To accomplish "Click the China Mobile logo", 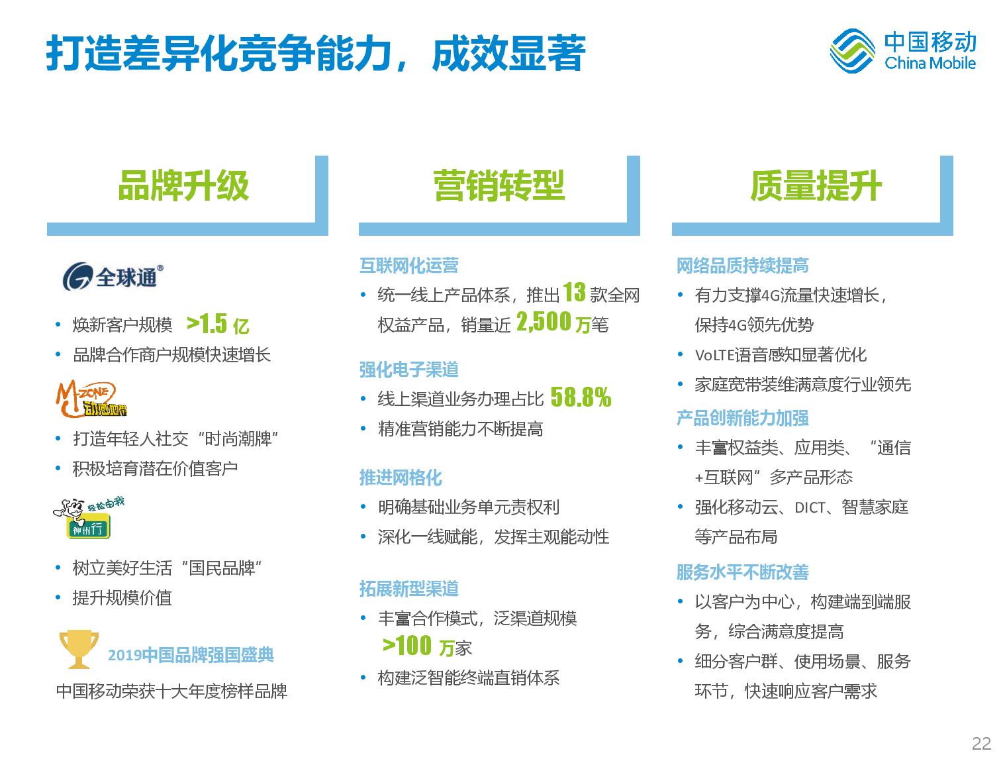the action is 902,50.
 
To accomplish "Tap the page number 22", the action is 981,744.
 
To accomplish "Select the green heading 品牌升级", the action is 183,185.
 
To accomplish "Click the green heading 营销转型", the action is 499,185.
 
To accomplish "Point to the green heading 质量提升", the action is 816,185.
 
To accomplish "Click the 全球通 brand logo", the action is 113,276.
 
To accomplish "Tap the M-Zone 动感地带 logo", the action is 91,399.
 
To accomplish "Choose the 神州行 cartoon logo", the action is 88,518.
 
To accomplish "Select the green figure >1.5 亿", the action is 218,324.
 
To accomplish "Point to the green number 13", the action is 574,292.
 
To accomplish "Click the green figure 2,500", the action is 544,322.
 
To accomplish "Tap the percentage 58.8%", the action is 581,397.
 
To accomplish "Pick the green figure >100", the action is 407,645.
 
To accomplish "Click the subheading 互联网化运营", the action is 409,266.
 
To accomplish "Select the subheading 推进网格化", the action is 401,478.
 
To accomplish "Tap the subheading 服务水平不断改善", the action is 743,572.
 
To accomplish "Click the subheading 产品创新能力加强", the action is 743,418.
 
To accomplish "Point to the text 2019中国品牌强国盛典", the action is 191,655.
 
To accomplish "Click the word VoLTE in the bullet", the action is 714,355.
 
